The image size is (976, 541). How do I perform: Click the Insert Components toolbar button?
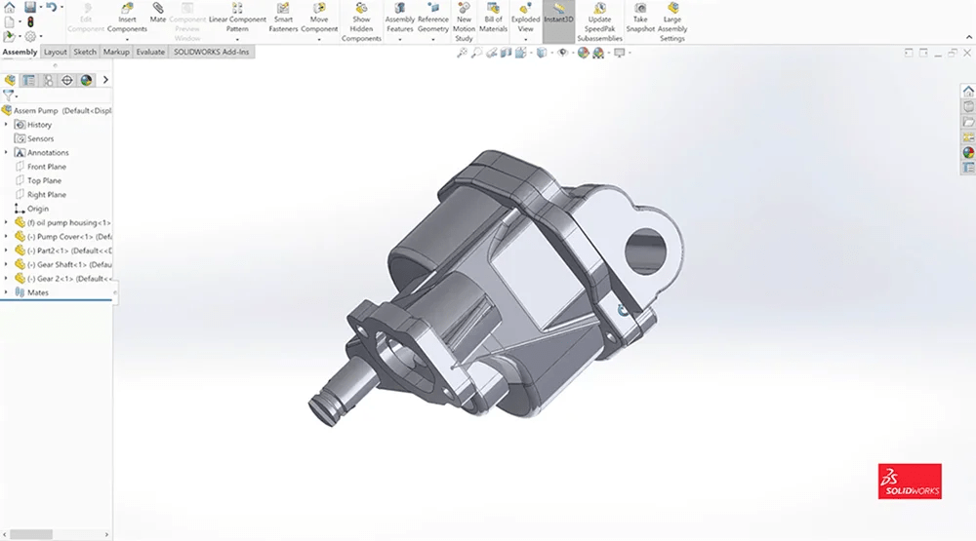point(127,19)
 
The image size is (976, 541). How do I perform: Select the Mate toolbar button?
point(158,14)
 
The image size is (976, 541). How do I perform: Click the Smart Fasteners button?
point(283,19)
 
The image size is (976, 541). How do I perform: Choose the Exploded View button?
point(525,19)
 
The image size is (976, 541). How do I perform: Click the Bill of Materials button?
point(493,19)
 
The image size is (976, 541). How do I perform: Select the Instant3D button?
point(558,14)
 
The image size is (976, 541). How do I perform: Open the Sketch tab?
point(85,52)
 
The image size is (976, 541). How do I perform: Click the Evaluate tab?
point(150,52)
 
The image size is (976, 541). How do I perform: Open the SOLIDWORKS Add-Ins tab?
point(212,52)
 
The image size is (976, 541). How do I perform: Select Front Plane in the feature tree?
point(46,167)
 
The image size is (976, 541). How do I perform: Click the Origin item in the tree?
point(37,209)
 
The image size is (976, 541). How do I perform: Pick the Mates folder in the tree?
point(37,292)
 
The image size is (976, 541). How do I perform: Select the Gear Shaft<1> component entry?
point(68,264)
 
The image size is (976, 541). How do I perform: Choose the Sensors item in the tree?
point(40,138)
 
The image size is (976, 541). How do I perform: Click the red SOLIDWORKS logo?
point(910,482)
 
